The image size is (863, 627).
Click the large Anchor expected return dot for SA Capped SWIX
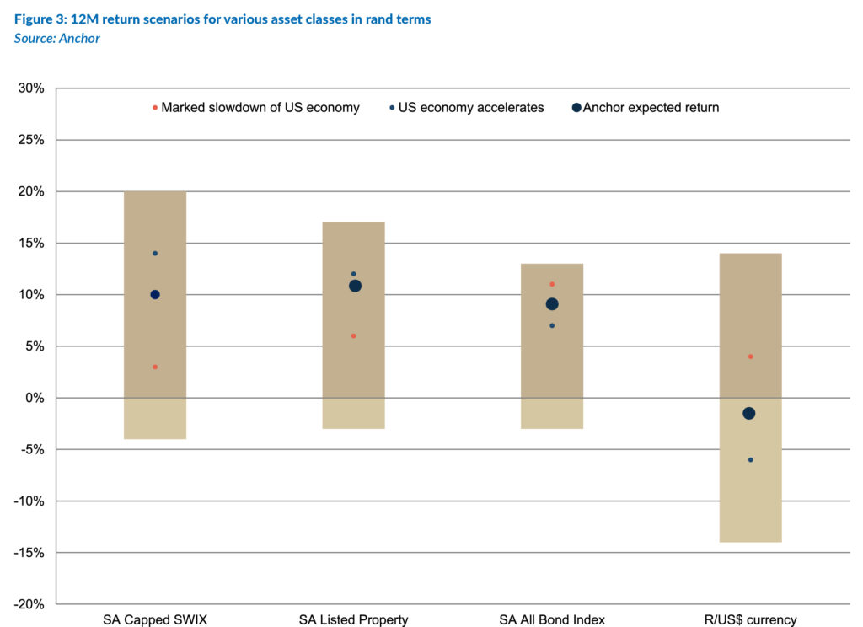coord(155,294)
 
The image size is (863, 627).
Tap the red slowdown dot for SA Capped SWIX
coord(155,367)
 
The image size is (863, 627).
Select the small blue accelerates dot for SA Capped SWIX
coord(155,254)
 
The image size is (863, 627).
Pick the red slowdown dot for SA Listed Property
coord(354,336)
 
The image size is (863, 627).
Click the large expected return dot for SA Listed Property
coord(355,286)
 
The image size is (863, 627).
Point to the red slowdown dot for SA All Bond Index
coord(552,284)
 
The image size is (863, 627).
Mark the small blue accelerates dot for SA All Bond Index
coord(552,325)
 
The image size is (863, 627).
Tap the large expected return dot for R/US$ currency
coord(748,413)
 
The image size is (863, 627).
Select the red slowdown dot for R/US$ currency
coord(750,356)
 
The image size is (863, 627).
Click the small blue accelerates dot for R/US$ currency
coord(750,460)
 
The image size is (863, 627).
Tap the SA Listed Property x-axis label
coord(353,619)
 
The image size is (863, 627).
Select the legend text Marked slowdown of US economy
coord(260,107)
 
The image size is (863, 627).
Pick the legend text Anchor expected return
coord(651,107)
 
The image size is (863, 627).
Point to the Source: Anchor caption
coord(57,39)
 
